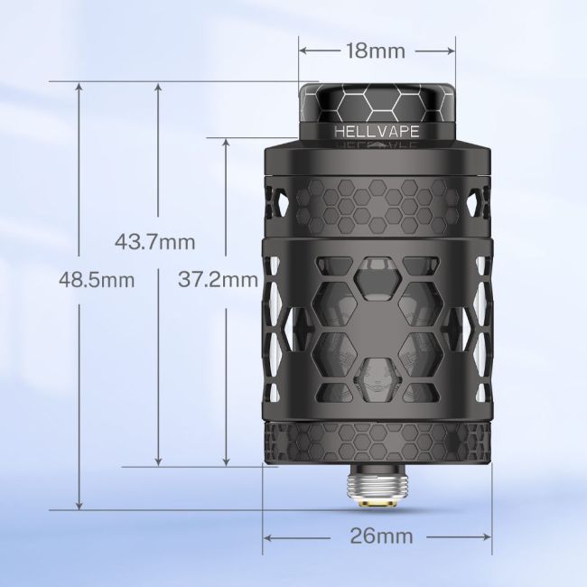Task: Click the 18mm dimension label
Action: coord(375,51)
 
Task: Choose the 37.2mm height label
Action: coord(218,280)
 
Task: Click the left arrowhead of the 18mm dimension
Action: coord(303,51)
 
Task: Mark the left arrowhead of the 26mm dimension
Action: coord(268,536)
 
